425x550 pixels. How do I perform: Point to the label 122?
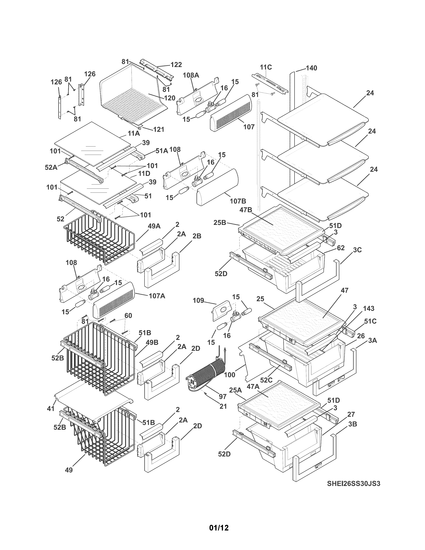[x=176, y=65]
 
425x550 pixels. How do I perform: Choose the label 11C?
[x=266, y=67]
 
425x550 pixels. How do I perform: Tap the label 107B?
[x=238, y=201]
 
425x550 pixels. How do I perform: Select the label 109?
[x=198, y=301]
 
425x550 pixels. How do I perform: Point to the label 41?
[x=51, y=408]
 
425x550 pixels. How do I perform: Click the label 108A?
[x=191, y=75]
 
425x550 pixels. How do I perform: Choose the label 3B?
[x=352, y=424]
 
